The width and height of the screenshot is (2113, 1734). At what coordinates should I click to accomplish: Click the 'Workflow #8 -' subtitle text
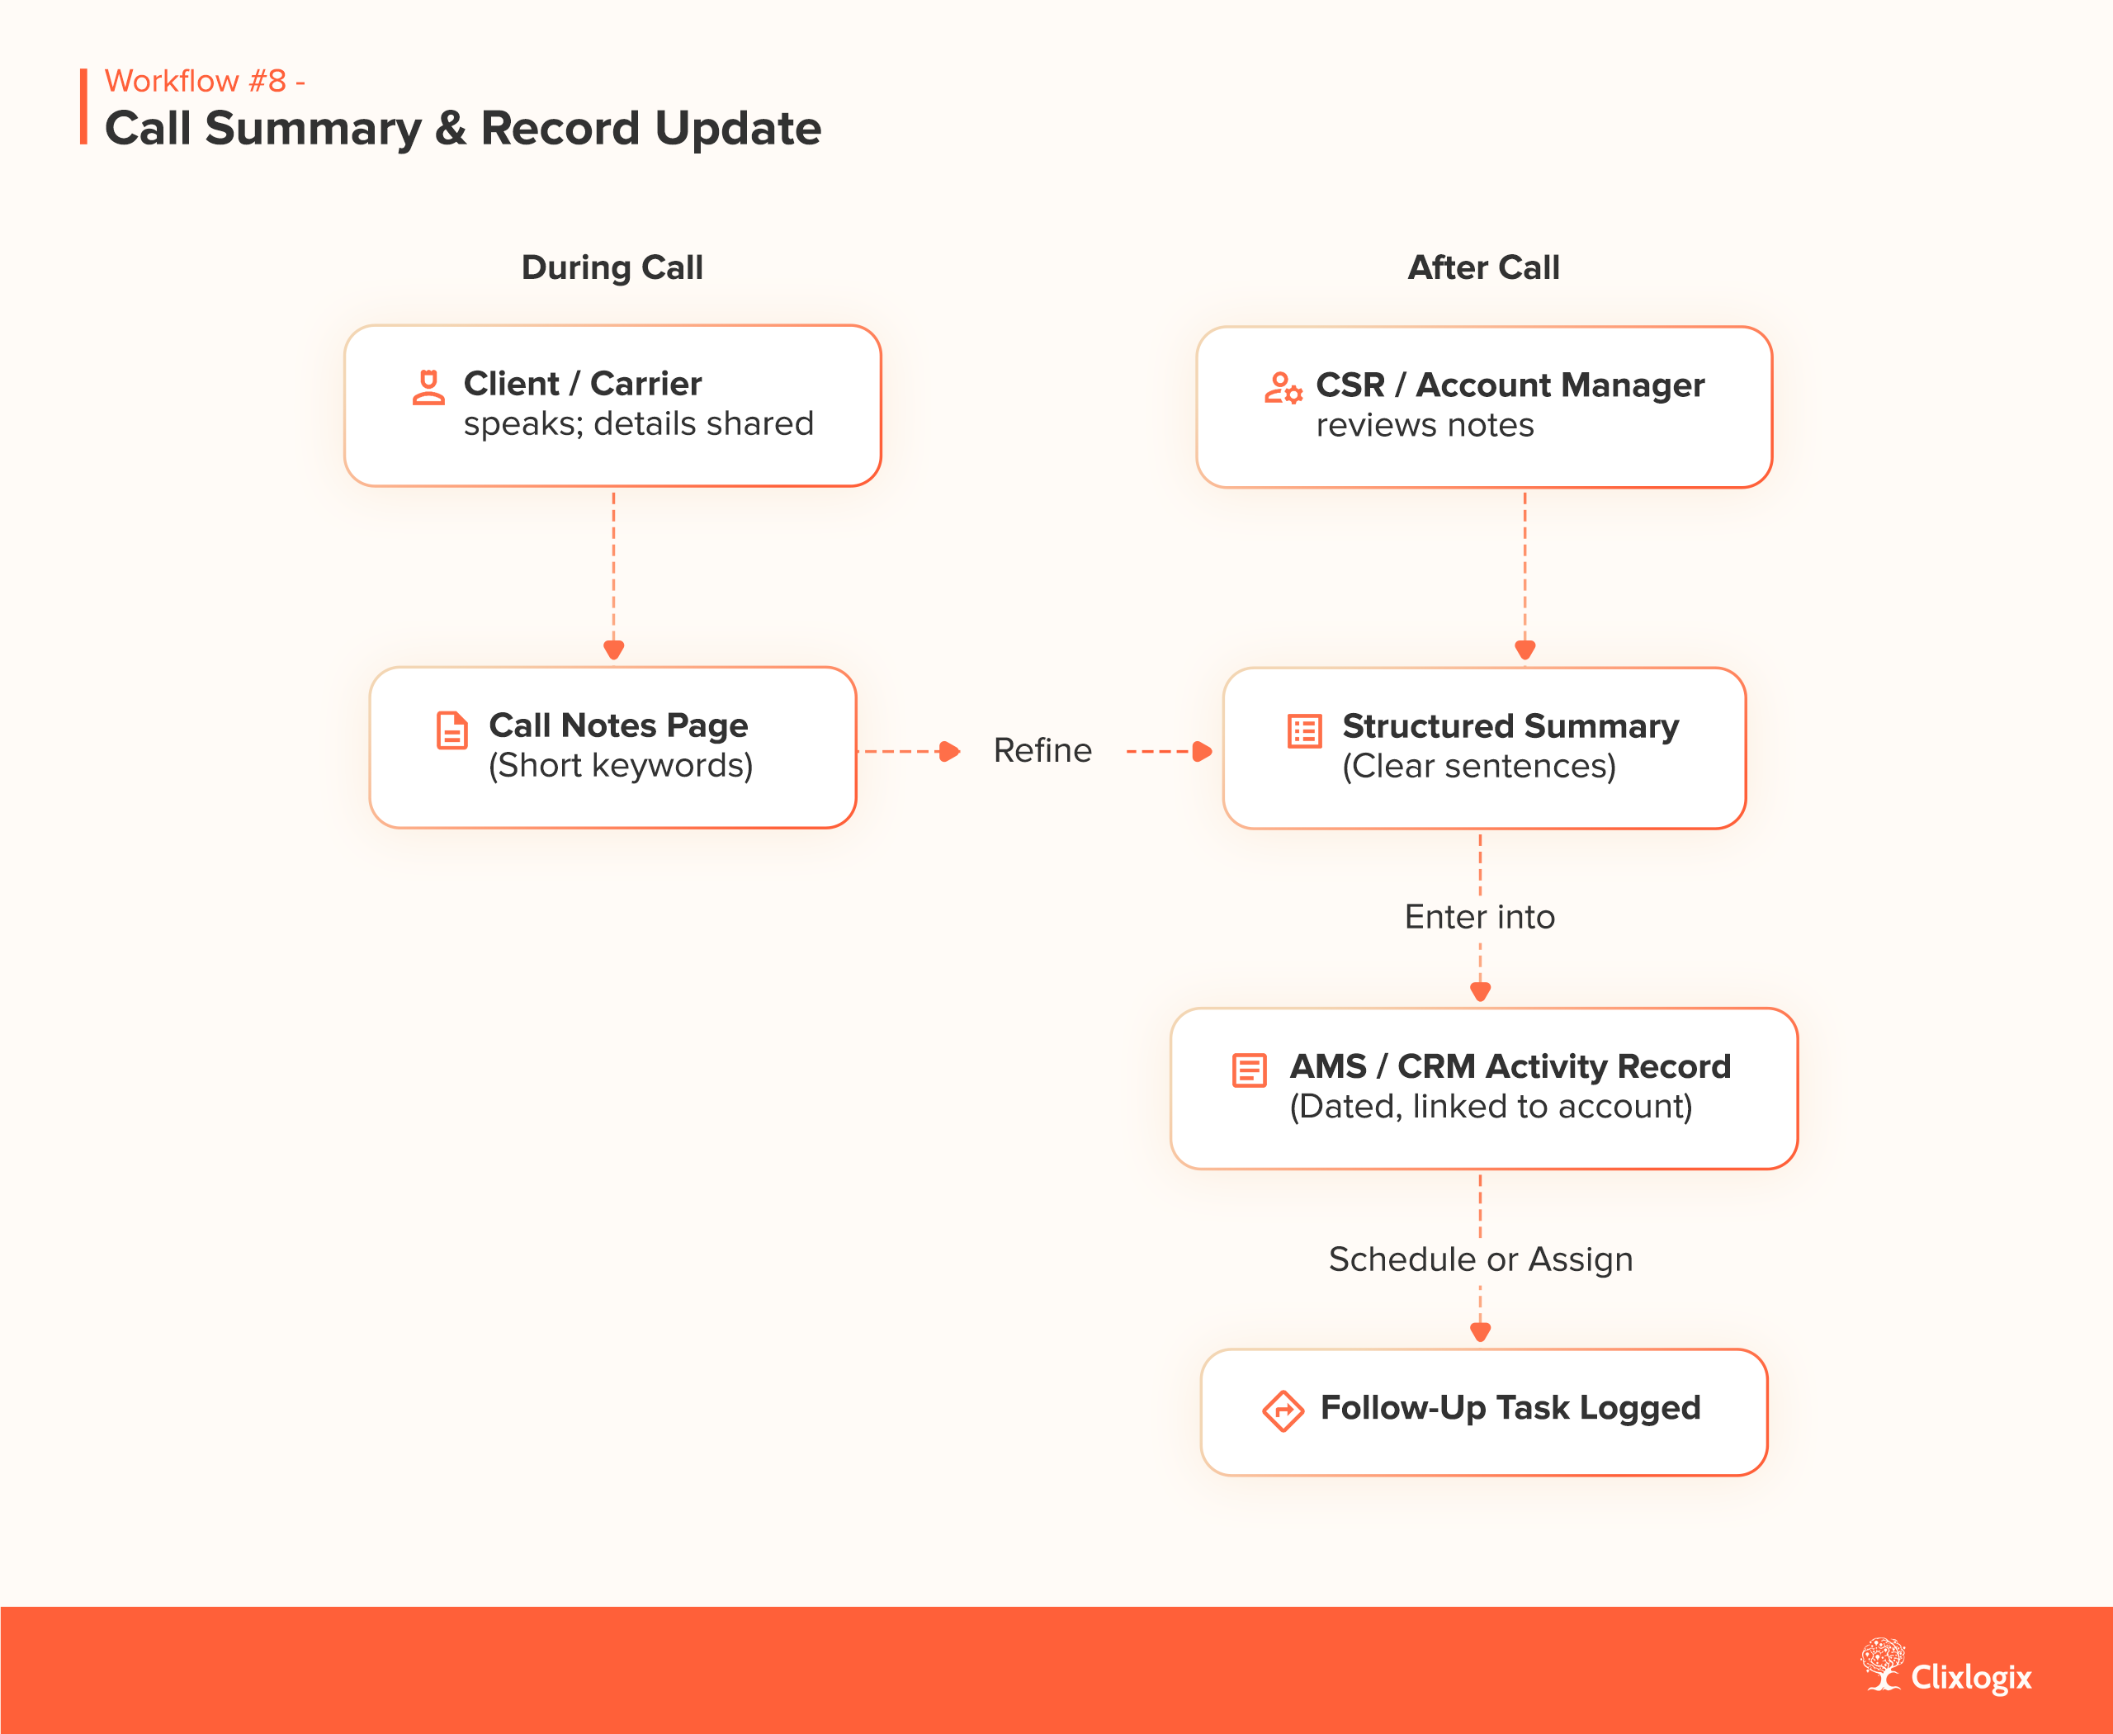pyautogui.click(x=205, y=81)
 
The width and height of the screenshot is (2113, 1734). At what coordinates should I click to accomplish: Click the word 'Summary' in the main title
pyautogui.click(x=313, y=129)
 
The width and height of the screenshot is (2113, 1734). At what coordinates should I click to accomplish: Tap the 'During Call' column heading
pyautogui.click(x=612, y=267)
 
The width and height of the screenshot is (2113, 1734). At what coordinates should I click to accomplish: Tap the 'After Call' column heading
pyautogui.click(x=1482, y=267)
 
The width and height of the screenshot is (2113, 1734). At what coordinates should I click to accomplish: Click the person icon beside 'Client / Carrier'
pyautogui.click(x=428, y=388)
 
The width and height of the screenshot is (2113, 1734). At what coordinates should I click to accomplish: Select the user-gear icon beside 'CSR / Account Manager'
pyautogui.click(x=1283, y=388)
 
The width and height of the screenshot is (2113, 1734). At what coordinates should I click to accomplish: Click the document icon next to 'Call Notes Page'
pyautogui.click(x=451, y=730)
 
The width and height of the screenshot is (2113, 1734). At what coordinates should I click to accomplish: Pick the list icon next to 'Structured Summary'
pyautogui.click(x=1304, y=731)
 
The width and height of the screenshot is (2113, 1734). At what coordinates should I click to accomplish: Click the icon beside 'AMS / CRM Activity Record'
pyautogui.click(x=1249, y=1070)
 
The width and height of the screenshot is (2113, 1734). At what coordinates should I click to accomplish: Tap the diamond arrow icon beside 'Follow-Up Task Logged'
pyautogui.click(x=1283, y=1411)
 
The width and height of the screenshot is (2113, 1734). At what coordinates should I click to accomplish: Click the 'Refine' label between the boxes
pyautogui.click(x=1042, y=750)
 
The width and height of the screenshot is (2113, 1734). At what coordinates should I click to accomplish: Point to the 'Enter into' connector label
pyautogui.click(x=1480, y=917)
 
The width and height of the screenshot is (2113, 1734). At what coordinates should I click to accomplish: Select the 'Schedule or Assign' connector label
pyautogui.click(x=1480, y=1259)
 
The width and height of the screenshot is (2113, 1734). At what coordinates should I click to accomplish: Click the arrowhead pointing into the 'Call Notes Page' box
pyautogui.click(x=613, y=650)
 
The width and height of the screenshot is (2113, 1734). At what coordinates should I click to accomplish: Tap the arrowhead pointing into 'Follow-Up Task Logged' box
pyautogui.click(x=1481, y=1331)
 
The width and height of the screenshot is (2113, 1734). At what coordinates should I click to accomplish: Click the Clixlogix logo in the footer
pyautogui.click(x=1946, y=1667)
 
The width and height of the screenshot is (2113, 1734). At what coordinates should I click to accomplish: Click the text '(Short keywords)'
pyautogui.click(x=621, y=766)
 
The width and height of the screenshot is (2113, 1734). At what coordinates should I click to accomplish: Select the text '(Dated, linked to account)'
pyautogui.click(x=1491, y=1107)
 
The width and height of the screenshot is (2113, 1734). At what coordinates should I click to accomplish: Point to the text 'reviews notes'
pyautogui.click(x=1425, y=426)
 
